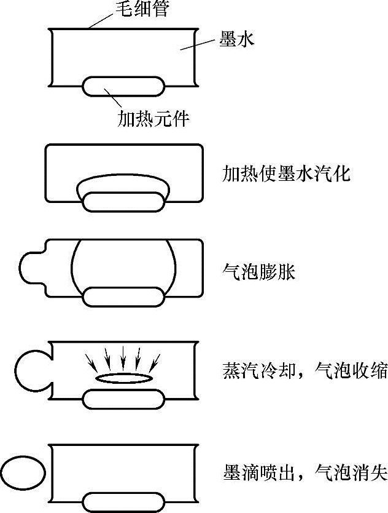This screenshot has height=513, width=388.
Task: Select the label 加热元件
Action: tap(153, 118)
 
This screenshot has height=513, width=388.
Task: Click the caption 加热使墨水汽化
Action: tap(285, 174)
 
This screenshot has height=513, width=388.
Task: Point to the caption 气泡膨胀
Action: tap(258, 271)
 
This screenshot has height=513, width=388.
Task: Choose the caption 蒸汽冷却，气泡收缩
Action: tap(304, 372)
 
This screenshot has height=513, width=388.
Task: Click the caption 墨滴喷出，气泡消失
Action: tap(304, 473)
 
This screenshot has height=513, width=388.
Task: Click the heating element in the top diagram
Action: tap(124, 85)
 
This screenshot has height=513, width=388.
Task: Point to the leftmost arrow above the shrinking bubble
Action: tap(91, 360)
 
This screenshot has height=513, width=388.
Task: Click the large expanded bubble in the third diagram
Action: tap(124, 264)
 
